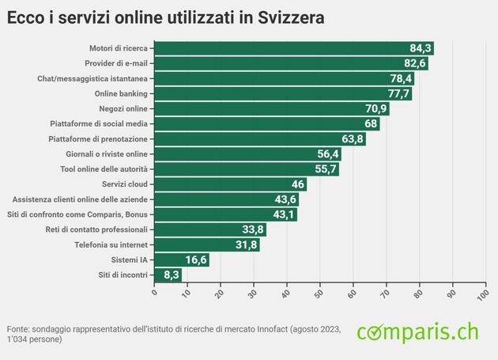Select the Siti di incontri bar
pos(168,275)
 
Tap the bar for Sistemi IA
pos(182,260)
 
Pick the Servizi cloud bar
pos(230,184)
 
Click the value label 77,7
pos(398,94)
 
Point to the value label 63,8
pos(353,139)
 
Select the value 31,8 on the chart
pos(247,244)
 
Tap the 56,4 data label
pos(328,154)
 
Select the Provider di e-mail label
pos(116,63)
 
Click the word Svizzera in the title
pos(291,17)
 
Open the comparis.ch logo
pos(417,332)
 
